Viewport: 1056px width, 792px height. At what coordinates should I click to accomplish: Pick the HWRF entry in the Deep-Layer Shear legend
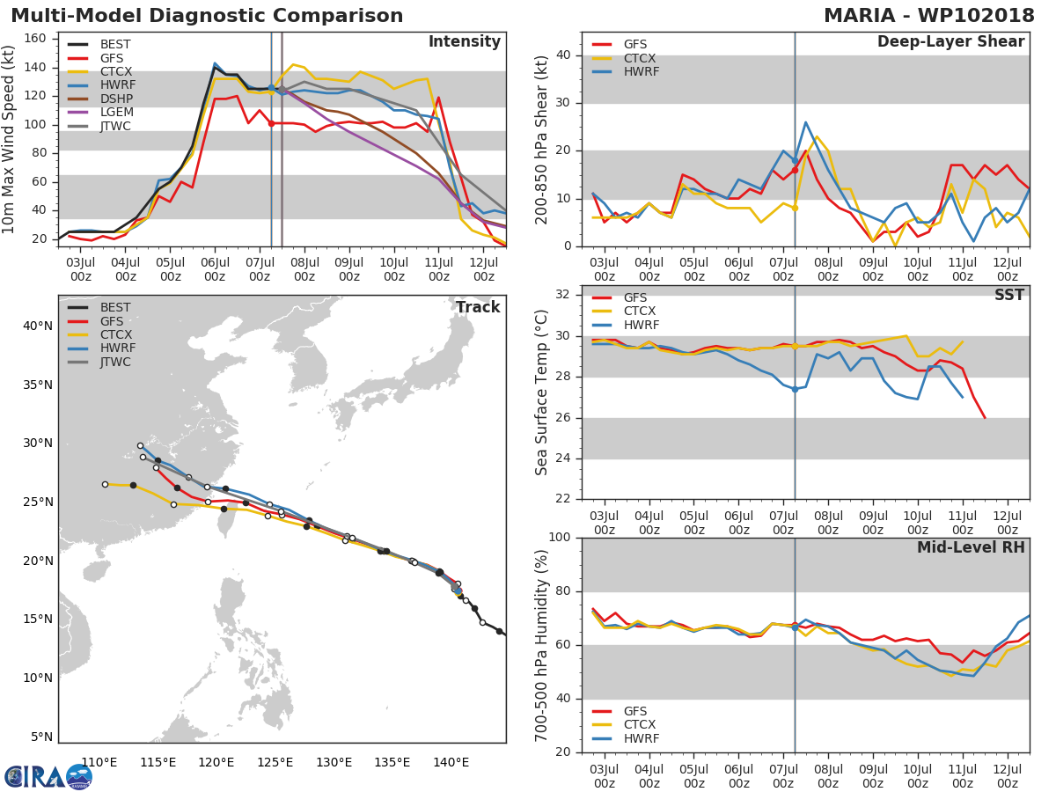(640, 72)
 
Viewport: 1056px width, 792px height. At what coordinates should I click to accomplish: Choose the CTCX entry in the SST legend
(640, 312)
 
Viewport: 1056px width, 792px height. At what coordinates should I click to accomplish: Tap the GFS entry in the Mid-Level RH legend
(640, 711)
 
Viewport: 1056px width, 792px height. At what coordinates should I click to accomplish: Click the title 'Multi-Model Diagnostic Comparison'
(207, 16)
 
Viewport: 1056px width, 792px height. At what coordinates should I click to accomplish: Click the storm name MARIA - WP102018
(929, 16)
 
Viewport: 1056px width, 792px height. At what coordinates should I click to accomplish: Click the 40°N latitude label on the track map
(37, 326)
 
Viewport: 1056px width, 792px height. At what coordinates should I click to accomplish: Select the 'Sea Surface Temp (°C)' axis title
(542, 391)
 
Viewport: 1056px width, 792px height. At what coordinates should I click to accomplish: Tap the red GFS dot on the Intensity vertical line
(271, 123)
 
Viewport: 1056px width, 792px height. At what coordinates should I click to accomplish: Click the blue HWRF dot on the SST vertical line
(795, 389)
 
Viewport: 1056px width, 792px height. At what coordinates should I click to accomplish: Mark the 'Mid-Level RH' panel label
(970, 547)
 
